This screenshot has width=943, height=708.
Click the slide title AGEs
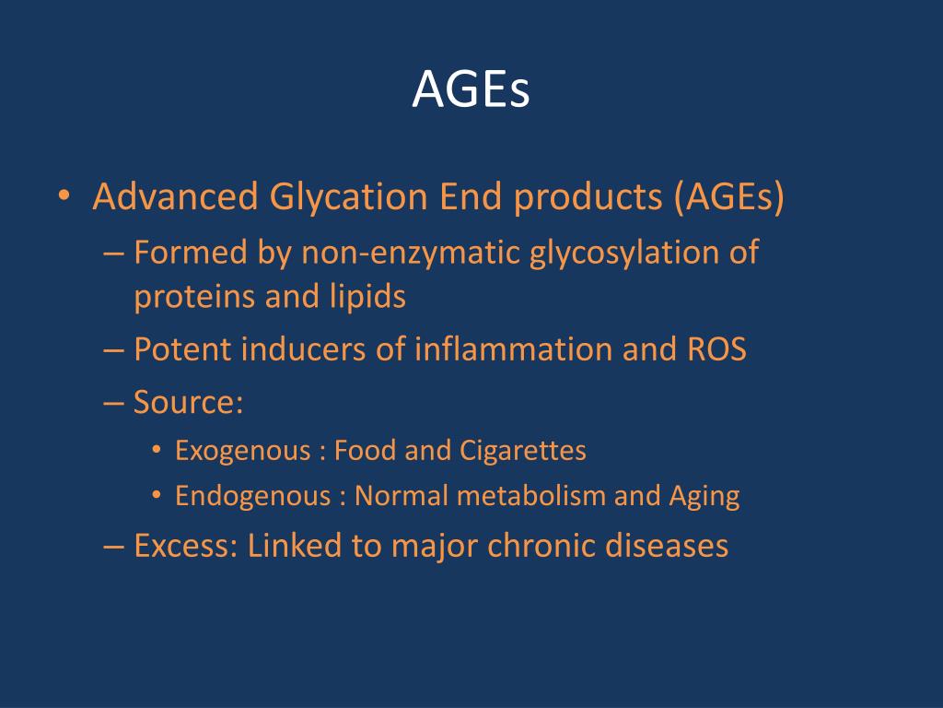pyautogui.click(x=471, y=89)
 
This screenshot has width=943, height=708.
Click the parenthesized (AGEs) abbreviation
pyautogui.click(x=728, y=198)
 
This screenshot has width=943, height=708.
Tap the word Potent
pyautogui.click(x=180, y=349)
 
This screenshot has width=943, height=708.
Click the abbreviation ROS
pyautogui.click(x=716, y=349)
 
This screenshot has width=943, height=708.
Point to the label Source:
pyautogui.click(x=188, y=402)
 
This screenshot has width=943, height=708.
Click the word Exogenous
pyautogui.click(x=242, y=451)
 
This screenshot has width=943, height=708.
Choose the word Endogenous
pyautogui.click(x=252, y=497)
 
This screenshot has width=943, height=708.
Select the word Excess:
pyautogui.click(x=187, y=546)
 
